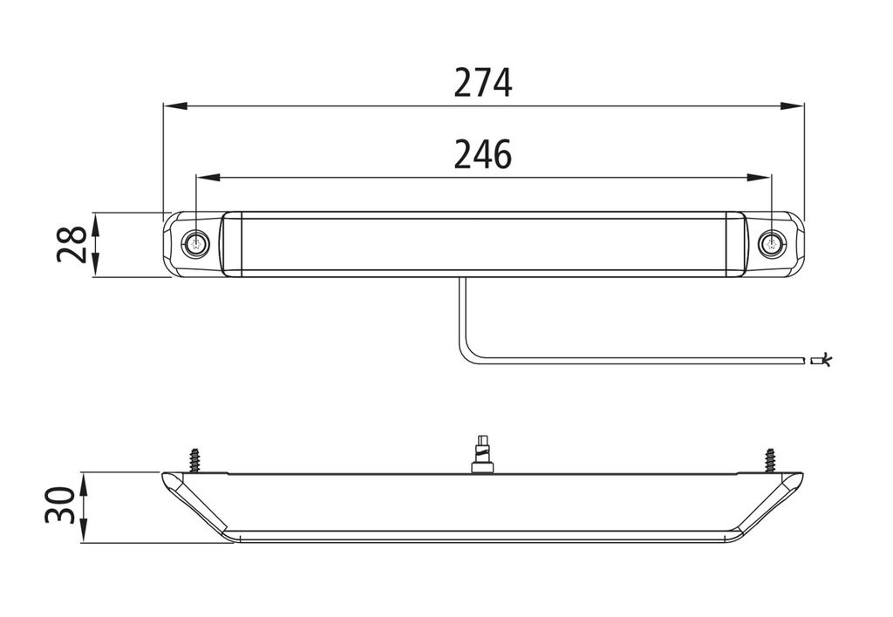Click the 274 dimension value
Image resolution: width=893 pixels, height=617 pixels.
click(483, 83)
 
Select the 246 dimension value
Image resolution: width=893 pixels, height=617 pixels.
click(483, 154)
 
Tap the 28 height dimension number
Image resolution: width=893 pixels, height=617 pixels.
click(72, 244)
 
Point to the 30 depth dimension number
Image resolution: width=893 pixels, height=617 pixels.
click(61, 505)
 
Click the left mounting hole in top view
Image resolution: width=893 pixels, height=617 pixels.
click(196, 245)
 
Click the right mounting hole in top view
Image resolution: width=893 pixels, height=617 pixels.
click(772, 245)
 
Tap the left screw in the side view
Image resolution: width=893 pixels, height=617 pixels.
click(194, 460)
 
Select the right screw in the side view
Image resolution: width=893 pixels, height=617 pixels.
click(771, 460)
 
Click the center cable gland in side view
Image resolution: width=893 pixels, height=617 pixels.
click(481, 456)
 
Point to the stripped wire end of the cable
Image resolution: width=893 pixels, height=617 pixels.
click(821, 360)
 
